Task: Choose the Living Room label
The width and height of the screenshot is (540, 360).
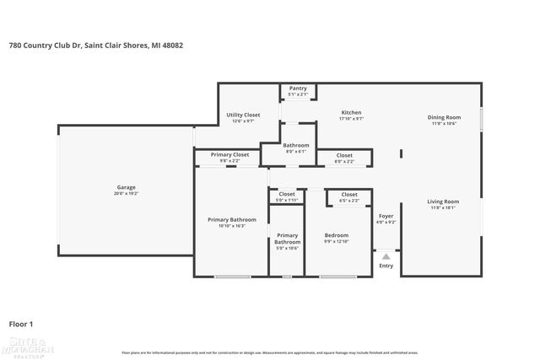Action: point(443,203)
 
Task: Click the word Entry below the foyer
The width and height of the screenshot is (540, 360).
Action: point(386,266)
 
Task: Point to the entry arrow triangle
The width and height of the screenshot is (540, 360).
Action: point(386,255)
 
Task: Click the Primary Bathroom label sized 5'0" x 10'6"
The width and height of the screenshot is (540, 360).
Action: point(287,239)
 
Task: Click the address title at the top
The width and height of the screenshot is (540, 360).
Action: point(95,46)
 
